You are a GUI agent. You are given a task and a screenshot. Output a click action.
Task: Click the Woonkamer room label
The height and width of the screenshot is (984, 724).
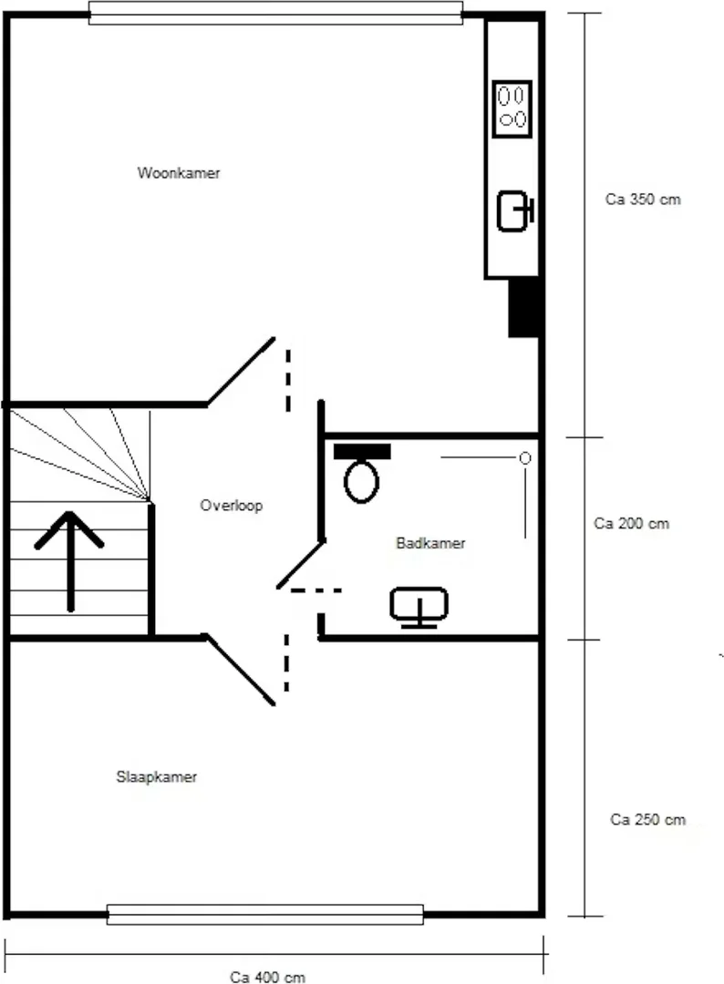(179, 173)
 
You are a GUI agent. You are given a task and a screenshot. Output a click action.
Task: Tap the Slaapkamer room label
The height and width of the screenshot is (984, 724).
(156, 777)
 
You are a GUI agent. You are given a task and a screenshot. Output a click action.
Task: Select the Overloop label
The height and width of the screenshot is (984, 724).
(231, 506)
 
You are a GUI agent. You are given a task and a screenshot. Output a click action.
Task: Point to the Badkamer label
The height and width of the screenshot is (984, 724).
(430, 543)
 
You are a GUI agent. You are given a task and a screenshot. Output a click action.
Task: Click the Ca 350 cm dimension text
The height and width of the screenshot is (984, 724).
(643, 200)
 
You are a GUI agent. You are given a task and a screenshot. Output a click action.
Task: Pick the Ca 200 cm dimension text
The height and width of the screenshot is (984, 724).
(632, 523)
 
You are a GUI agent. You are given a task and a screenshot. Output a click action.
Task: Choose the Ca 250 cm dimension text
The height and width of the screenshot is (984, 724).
(648, 820)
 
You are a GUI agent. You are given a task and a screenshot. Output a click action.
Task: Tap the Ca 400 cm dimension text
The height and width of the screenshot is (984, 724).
(267, 977)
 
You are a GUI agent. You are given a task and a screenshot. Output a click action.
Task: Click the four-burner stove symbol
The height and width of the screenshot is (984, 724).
(512, 108)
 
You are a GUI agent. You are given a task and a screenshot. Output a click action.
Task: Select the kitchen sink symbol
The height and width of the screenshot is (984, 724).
(515, 210)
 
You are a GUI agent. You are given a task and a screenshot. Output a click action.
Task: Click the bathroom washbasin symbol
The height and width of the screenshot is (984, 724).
(419, 607)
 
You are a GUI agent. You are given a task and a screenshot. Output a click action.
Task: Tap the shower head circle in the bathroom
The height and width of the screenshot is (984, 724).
(525, 458)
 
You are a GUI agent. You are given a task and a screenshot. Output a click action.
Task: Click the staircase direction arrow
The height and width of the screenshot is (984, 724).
(69, 561)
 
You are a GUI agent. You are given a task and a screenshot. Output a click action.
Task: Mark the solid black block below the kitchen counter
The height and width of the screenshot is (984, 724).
(523, 308)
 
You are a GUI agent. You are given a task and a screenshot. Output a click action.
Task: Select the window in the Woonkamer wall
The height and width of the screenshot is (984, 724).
(275, 13)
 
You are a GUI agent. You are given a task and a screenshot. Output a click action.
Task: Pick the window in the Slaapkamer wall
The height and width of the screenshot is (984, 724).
(265, 915)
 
